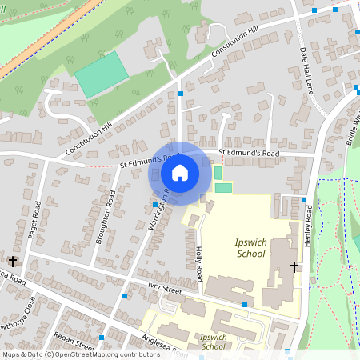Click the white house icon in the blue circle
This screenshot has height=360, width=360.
[180, 172]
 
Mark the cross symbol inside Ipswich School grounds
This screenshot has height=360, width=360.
[294, 267]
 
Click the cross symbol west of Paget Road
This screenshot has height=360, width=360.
[12, 262]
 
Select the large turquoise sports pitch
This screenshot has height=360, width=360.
[101, 75]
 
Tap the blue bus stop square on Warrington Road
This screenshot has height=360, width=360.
[154, 206]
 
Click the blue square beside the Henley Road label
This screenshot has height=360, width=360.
[304, 199]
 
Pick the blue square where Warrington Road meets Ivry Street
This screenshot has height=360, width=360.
[125, 296]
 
